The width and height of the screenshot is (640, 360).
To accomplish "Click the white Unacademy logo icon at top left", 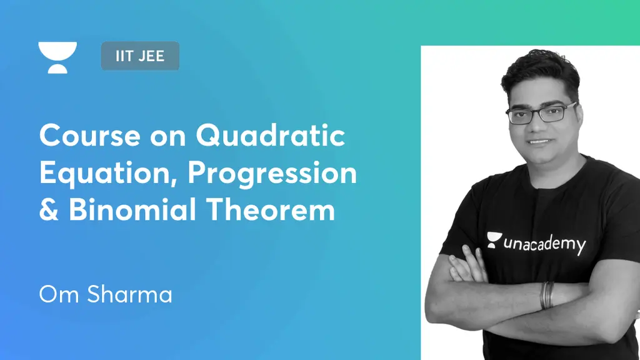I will pos(57,57).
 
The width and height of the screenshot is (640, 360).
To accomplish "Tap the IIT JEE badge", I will pos(140,56).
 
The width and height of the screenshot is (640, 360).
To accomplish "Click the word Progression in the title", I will pos(272,173).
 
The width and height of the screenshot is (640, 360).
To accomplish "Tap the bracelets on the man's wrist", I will pos(547,294).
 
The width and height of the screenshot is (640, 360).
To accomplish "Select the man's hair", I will pos(540,74).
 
